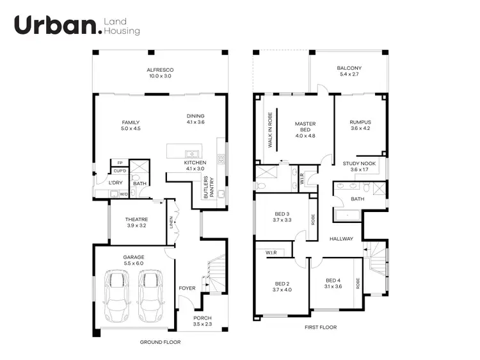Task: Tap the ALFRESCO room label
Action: point(160,69)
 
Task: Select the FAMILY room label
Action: point(131,122)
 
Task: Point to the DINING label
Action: point(195,116)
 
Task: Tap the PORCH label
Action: point(202,318)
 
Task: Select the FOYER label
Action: point(187,288)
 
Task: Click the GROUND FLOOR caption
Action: point(160,342)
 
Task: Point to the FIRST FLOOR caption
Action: point(321,327)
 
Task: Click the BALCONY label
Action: point(349,69)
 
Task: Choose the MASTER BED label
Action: point(306,127)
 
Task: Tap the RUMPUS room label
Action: point(360,122)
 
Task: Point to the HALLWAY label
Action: point(341,239)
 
